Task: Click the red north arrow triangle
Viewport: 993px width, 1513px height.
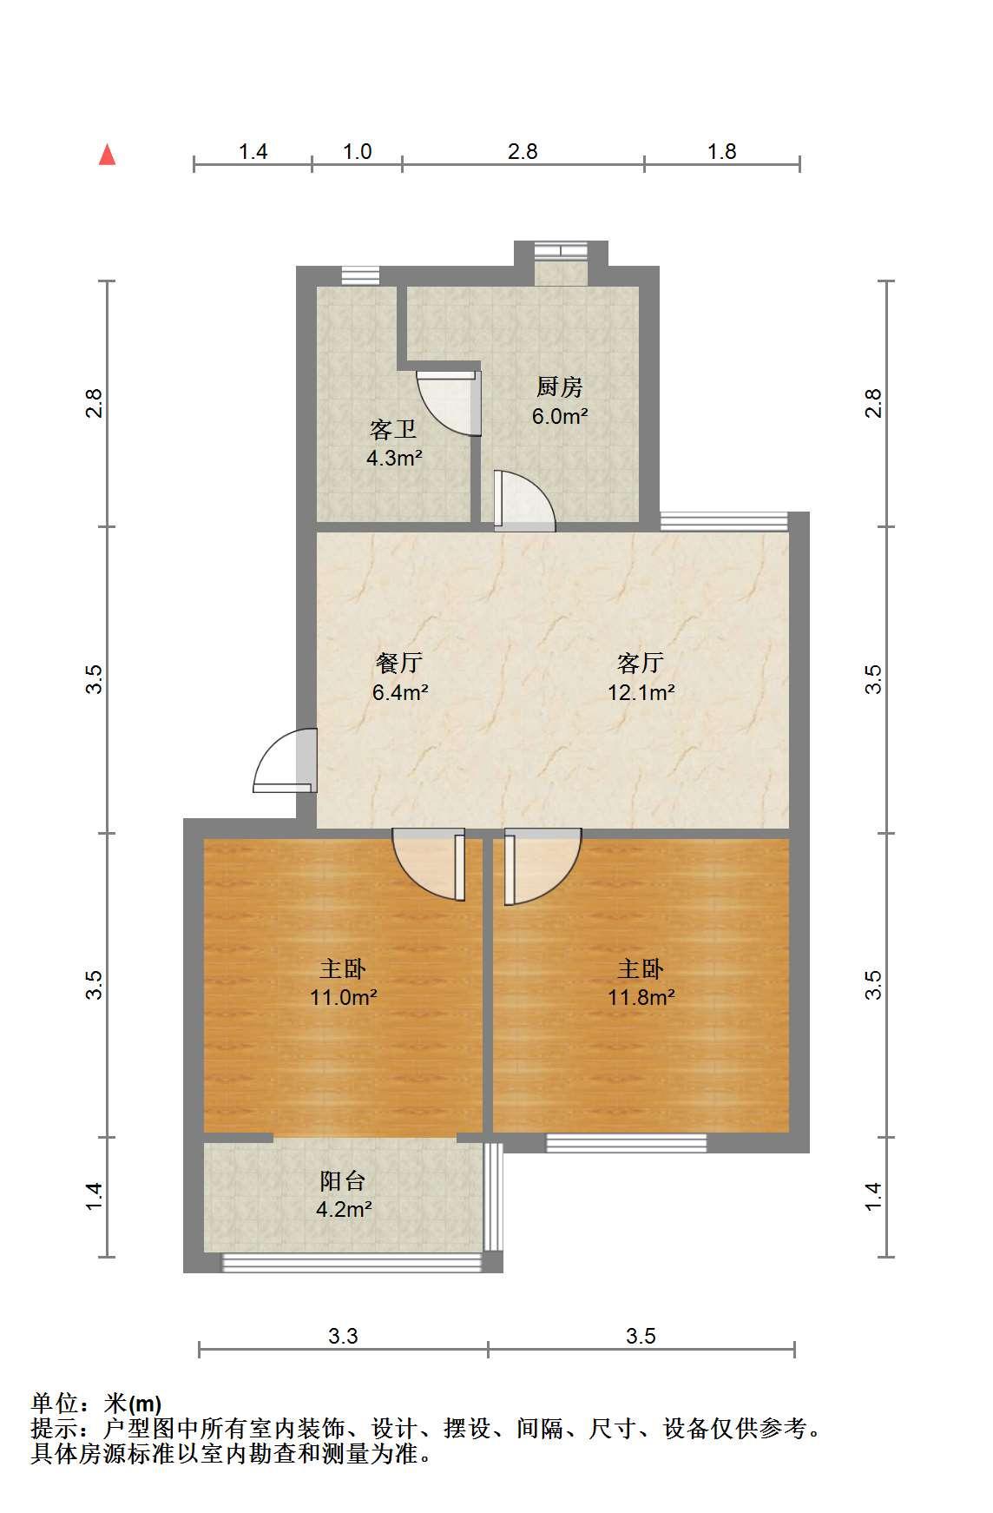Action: tap(107, 155)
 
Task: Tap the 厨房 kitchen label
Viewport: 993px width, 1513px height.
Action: tap(560, 387)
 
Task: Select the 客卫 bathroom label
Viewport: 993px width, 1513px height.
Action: tap(393, 429)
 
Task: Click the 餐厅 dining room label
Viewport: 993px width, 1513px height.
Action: tap(399, 663)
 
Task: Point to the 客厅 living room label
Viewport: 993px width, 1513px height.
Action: tap(641, 663)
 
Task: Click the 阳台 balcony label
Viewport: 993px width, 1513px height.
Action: tap(343, 1180)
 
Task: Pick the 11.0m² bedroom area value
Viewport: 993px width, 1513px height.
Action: tap(344, 997)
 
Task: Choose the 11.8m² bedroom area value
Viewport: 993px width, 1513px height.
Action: tap(641, 997)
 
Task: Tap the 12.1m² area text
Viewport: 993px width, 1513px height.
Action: tap(641, 692)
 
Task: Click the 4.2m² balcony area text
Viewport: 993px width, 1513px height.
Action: tap(344, 1209)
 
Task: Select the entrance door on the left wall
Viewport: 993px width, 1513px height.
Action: tap(285, 760)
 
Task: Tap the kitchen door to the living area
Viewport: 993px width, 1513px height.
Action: tap(524, 500)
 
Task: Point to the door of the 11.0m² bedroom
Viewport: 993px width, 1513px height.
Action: tap(429, 865)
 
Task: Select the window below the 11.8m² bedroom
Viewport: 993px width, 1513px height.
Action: tap(626, 1143)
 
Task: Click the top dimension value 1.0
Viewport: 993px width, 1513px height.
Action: tap(357, 151)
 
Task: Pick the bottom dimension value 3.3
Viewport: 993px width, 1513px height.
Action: tap(343, 1336)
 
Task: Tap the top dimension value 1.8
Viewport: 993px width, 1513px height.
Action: tap(721, 151)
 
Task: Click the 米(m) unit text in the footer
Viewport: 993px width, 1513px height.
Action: tap(133, 1403)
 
